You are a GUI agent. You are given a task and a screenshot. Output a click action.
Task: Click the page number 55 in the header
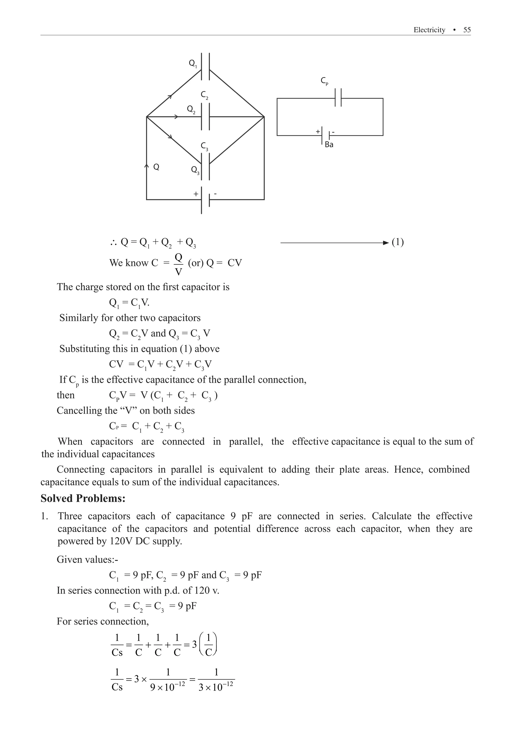click(467, 30)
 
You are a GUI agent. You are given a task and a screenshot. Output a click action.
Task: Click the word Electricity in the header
click(429, 30)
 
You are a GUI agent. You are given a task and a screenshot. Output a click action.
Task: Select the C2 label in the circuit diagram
click(204, 95)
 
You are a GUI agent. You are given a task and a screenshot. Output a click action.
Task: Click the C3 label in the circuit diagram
click(204, 146)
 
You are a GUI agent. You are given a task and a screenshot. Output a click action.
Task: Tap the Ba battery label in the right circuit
click(329, 145)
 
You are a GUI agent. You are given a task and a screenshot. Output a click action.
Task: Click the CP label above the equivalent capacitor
click(324, 81)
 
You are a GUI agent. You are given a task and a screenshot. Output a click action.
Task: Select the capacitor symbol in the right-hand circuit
click(338, 98)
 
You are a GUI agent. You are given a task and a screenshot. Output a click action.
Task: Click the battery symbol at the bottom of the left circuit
click(205, 200)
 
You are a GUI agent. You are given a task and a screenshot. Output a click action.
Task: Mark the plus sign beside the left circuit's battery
click(196, 194)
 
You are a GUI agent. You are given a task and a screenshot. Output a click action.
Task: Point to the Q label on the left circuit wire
click(156, 167)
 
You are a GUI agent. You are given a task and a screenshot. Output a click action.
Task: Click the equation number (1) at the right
click(398, 242)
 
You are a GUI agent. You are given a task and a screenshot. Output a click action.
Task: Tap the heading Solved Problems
click(83, 498)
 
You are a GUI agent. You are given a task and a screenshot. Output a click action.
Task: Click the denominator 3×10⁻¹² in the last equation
click(216, 687)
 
